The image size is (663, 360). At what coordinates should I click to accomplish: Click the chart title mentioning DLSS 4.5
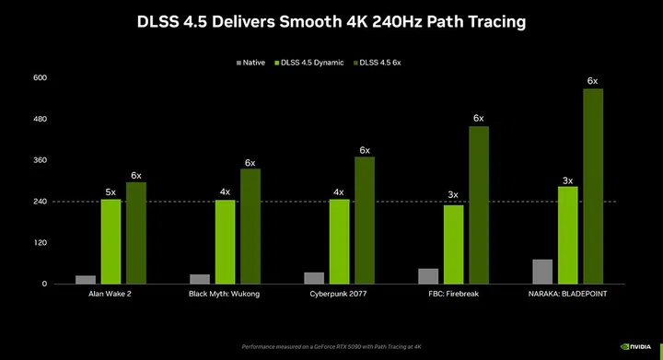[x=331, y=19]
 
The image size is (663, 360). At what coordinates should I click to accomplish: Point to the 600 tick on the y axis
[x=40, y=77]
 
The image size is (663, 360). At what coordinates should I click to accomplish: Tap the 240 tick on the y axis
[x=40, y=202]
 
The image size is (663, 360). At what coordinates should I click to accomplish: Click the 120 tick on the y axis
[x=40, y=243]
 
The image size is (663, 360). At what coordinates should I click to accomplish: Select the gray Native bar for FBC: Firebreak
[x=428, y=276]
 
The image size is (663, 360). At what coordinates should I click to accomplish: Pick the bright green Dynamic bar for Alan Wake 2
[x=110, y=241]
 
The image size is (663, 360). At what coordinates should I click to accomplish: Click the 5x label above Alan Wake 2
[x=110, y=192]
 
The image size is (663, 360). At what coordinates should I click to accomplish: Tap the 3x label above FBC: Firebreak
[x=453, y=195]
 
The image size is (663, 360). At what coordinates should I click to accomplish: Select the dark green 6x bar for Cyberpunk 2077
[x=365, y=220]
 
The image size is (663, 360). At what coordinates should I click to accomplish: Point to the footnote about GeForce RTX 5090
[x=331, y=347]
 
